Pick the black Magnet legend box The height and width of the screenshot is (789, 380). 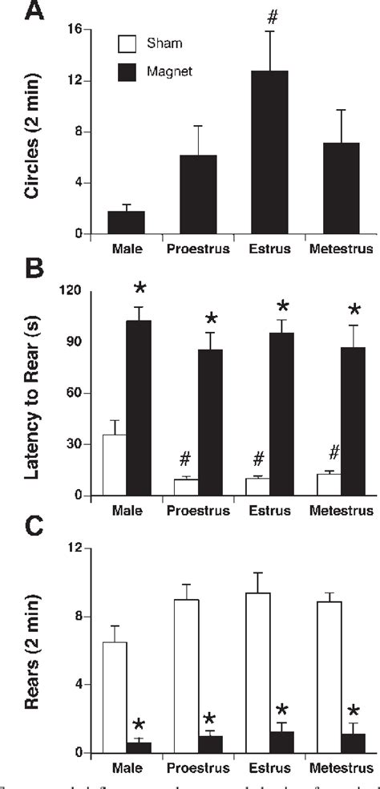pos(124,73)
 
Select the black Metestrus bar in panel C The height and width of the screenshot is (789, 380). pos(354,743)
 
